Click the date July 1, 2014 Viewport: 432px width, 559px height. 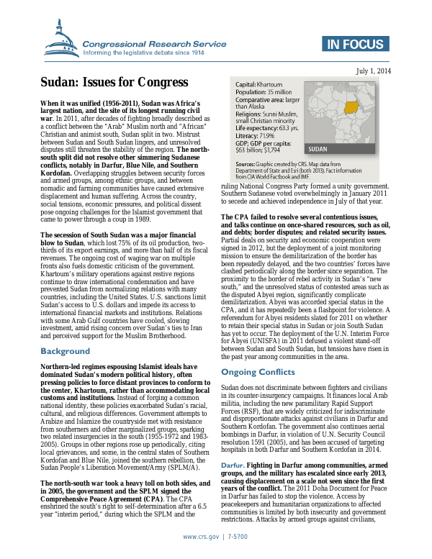[x=374, y=71]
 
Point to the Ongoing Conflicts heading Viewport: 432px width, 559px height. [x=258, y=372]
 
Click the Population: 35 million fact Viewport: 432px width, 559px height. [x=263, y=93]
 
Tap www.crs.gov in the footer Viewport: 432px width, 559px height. [x=199, y=537]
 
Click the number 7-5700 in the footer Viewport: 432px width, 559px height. [x=236, y=537]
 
